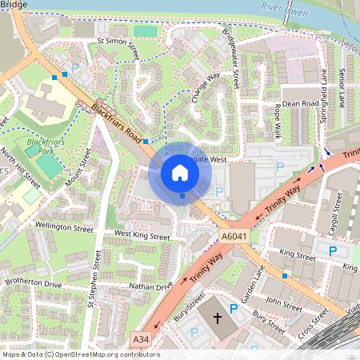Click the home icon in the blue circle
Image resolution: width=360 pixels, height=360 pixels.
(180, 173)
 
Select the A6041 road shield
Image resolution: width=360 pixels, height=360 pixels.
(233, 237)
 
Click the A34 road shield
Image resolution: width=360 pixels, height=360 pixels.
(141, 340)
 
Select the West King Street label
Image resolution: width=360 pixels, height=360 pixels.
(142, 236)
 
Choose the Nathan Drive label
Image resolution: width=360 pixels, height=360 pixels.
(150, 286)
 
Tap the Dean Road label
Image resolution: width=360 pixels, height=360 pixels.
(301, 103)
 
